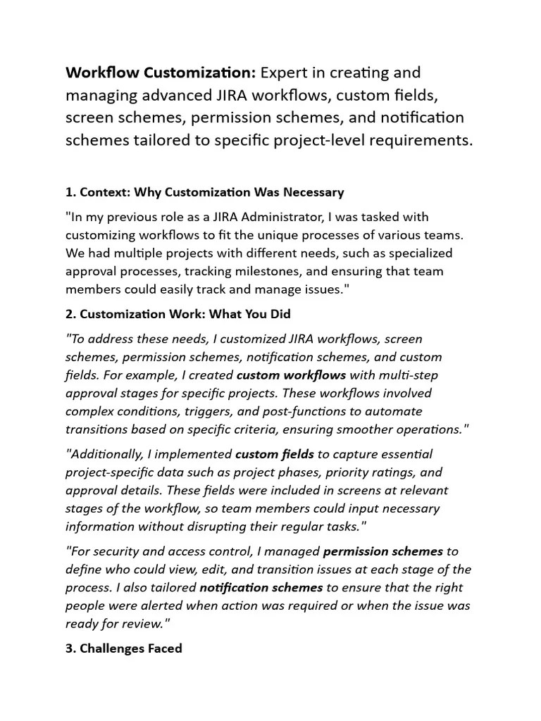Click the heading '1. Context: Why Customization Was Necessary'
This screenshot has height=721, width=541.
click(204, 192)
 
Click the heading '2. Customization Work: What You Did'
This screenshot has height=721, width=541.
click(178, 314)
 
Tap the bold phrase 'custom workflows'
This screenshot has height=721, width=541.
click(291, 375)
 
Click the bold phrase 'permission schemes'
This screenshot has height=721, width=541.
click(383, 551)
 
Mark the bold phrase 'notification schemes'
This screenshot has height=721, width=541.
click(261, 587)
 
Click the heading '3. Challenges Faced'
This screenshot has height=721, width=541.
click(123, 648)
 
